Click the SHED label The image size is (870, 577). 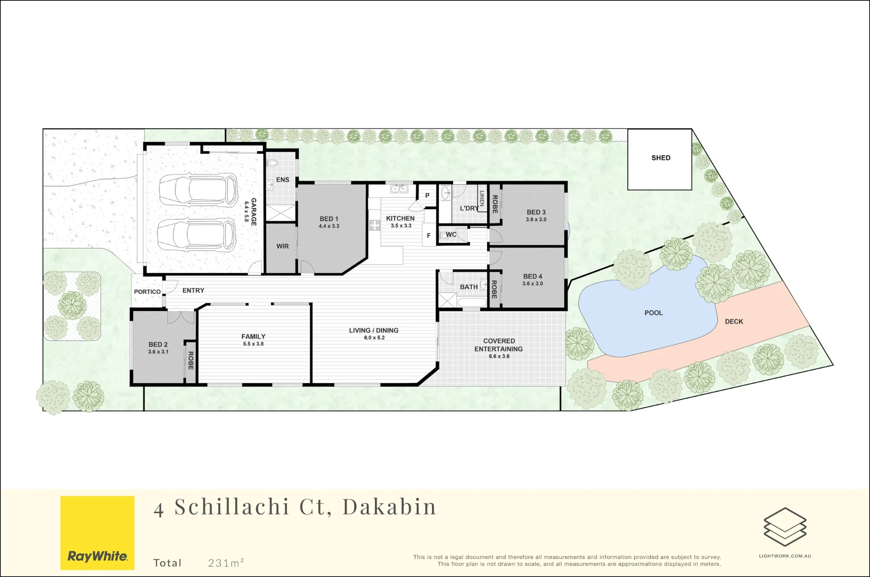click(x=661, y=158)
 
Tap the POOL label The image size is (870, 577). click(x=653, y=313)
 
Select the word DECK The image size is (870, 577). click(x=734, y=322)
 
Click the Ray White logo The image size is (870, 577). click(x=97, y=533)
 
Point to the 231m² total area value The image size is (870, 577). click(x=226, y=563)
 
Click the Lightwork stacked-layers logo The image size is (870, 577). click(x=785, y=527)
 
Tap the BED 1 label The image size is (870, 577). click(x=329, y=219)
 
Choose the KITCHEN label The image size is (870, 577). click(x=400, y=218)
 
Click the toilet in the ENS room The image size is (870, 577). click(x=272, y=163)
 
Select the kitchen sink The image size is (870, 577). click(x=399, y=188)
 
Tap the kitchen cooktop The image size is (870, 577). click(x=375, y=225)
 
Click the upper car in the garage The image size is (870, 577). click(x=198, y=190)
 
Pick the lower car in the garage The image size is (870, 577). click(x=197, y=235)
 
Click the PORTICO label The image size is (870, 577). click(x=147, y=292)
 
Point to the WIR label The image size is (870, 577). click(x=283, y=246)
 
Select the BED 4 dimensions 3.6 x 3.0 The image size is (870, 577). click(x=533, y=284)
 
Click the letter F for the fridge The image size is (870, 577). click(x=429, y=235)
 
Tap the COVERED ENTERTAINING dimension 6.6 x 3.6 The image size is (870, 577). click(x=499, y=356)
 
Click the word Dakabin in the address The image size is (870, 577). click(x=389, y=507)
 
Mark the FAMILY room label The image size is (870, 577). click(x=254, y=336)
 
